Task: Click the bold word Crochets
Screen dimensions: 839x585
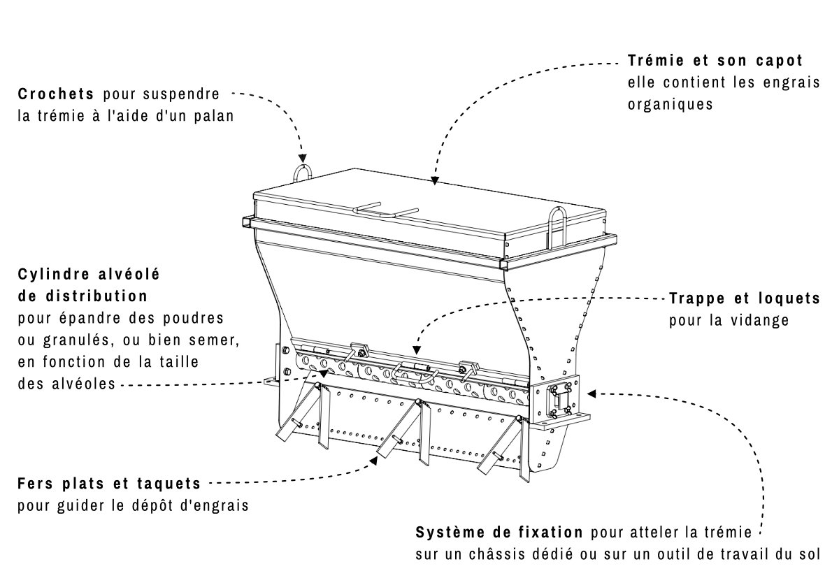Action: click(55, 94)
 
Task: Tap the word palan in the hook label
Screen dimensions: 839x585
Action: click(214, 116)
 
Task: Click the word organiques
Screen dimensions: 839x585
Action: click(670, 105)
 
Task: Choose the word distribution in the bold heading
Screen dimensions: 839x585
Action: click(96, 296)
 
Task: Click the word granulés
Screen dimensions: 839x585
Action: click(76, 340)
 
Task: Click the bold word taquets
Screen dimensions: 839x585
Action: click(169, 484)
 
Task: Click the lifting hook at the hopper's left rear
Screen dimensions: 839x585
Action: click(302, 173)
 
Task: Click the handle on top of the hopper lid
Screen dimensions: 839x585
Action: click(386, 212)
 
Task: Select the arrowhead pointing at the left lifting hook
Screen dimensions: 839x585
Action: click(302, 158)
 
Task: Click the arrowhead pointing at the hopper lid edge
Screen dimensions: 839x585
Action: click(434, 181)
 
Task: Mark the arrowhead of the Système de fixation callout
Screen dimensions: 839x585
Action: click(591, 393)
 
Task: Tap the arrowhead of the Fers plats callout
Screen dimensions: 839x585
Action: click(374, 461)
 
